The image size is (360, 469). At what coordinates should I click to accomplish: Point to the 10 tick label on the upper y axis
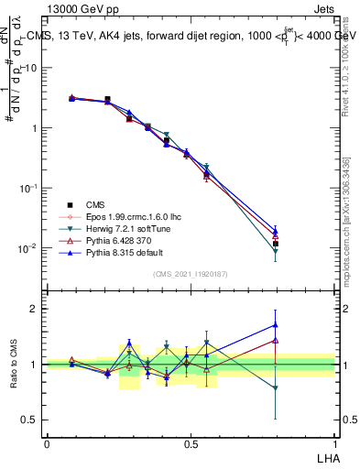pos(31,69)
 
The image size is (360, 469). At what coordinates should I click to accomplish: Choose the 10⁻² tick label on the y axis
pos(27,248)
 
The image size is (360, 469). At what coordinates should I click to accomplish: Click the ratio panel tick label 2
pos(35,309)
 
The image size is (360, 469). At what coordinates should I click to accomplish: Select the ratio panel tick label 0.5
pos(31,420)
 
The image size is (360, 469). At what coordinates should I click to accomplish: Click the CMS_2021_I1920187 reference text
pos(190,274)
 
